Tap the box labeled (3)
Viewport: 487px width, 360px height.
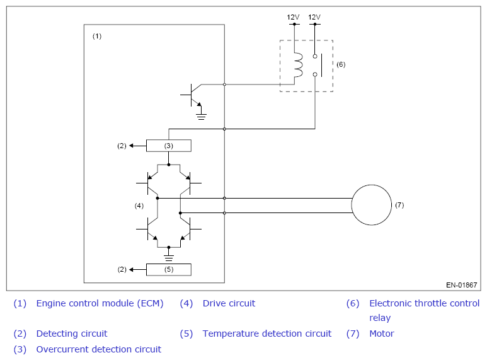(169, 146)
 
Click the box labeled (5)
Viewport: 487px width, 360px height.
(169, 270)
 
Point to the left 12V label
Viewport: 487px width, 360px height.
(293, 17)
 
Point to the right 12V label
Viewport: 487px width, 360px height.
(314, 17)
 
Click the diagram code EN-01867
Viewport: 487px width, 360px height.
(462, 285)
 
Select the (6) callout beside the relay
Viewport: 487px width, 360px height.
(341, 64)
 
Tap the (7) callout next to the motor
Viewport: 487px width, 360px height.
(399, 205)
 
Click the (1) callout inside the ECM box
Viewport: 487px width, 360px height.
(97, 37)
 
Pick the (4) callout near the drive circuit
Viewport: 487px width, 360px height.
(139, 206)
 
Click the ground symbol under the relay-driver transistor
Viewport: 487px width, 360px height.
(201, 117)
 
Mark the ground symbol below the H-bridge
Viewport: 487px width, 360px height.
(169, 258)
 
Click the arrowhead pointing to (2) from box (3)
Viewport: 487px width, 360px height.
(132, 146)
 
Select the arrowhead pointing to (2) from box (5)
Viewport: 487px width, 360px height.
(132, 270)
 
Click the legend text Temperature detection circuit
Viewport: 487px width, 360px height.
(266, 334)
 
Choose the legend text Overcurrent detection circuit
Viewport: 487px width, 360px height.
(98, 349)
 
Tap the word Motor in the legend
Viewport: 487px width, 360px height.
(381, 334)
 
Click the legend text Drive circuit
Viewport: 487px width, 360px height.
(229, 303)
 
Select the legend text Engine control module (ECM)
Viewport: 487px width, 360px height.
(100, 303)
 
